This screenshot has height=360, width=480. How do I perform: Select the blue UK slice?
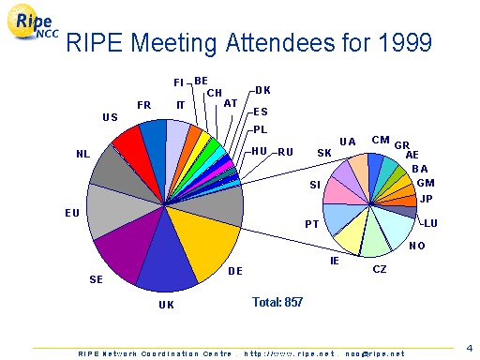pyautogui.click(x=167, y=262)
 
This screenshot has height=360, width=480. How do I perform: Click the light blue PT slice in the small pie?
pyautogui.click(x=339, y=217)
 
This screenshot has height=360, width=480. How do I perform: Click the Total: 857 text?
pyautogui.click(x=277, y=302)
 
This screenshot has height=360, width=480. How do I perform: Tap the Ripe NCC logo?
pyautogui.click(x=31, y=22)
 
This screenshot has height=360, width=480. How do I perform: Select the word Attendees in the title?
pyautogui.click(x=280, y=42)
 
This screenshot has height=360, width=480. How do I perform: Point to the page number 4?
pyautogui.click(x=470, y=348)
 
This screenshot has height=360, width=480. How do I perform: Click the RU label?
pyautogui.click(x=285, y=152)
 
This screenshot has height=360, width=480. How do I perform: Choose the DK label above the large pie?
pyautogui.click(x=262, y=90)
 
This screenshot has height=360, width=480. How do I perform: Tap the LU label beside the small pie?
pyautogui.click(x=430, y=223)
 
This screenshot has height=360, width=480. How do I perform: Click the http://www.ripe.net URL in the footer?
pyautogui.click(x=290, y=354)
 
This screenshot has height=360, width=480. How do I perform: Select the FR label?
pyautogui.click(x=144, y=105)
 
